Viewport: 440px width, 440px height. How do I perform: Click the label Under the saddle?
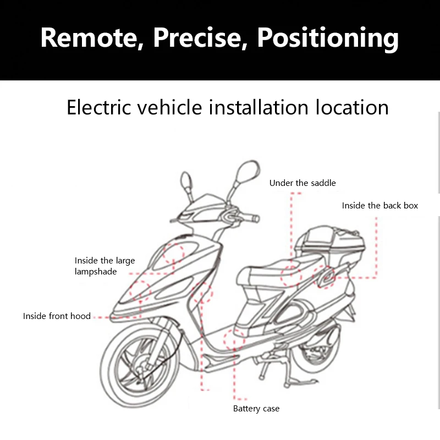point(302,183)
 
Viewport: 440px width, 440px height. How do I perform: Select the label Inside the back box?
point(380,206)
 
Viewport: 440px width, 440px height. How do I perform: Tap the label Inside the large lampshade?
point(105,266)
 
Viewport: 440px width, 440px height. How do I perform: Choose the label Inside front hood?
point(57,316)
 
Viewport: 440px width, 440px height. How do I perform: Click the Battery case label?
point(256,409)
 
